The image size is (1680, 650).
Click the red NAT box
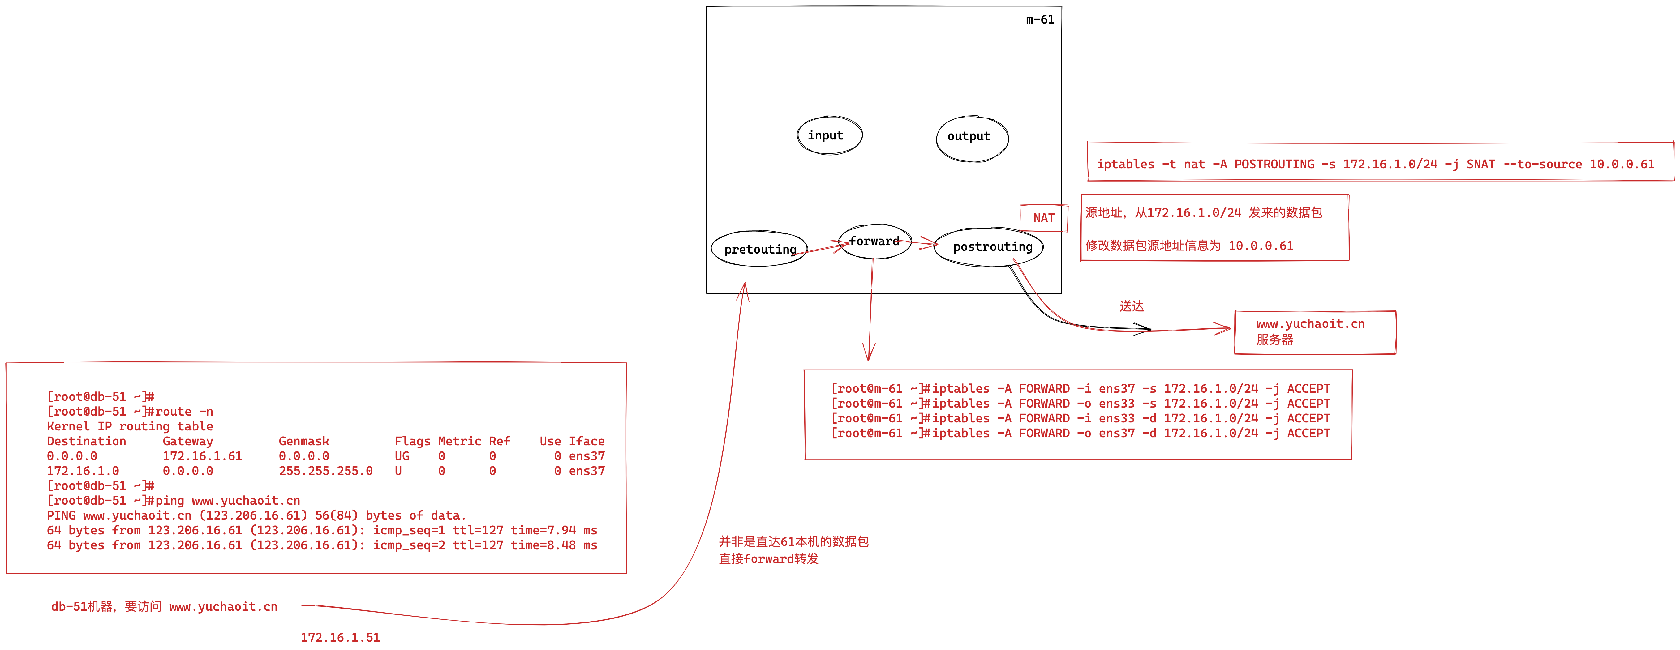1043,218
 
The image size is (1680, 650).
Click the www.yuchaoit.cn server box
1314,332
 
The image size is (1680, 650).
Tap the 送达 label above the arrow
1132,306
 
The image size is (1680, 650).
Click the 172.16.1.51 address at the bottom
340,637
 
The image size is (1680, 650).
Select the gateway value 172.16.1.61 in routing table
202,456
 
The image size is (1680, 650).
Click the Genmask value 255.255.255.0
325,471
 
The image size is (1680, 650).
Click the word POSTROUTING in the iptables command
1274,164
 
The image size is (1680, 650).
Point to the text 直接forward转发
768,559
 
